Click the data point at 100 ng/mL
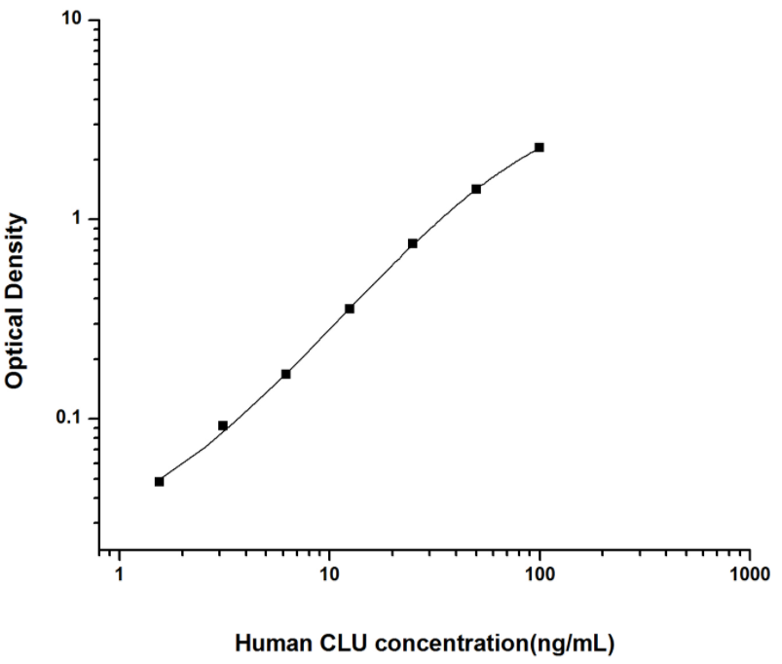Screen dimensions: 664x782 pyautogui.click(x=540, y=147)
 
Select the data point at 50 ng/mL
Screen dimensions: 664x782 pyautogui.click(x=476, y=189)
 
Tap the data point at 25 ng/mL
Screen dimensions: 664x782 pyautogui.click(x=413, y=243)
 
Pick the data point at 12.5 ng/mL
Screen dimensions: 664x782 pyautogui.click(x=350, y=309)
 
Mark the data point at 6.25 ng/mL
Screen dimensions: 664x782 pyautogui.click(x=286, y=374)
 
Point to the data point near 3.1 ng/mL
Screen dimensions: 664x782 pyautogui.click(x=223, y=425)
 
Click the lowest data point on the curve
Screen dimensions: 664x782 pyautogui.click(x=160, y=481)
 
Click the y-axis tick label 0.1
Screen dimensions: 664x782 pyautogui.click(x=71, y=419)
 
